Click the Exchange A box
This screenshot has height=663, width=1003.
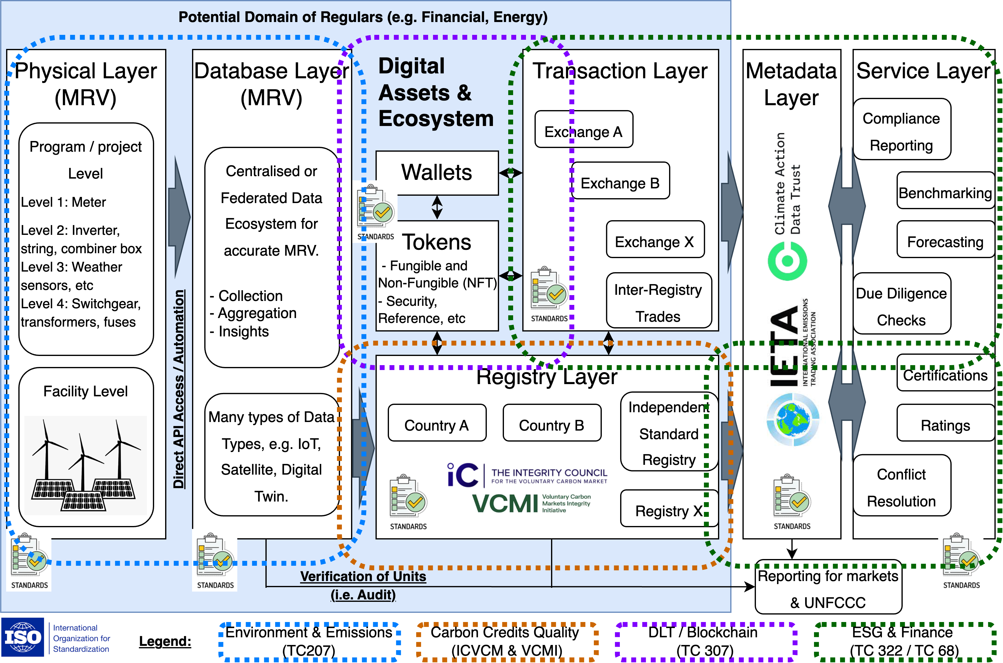pos(584,129)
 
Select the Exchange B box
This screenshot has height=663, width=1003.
pos(620,181)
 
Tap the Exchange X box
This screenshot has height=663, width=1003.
pos(655,239)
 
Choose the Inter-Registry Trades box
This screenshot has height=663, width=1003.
pos(658,301)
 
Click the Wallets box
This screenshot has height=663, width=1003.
pos(437,173)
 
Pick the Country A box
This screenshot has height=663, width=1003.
pos(437,423)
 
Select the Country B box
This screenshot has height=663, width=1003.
pos(552,423)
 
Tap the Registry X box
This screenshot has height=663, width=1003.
pos(669,509)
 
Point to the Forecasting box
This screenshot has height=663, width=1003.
pos(945,240)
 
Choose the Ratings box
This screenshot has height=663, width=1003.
pos(945,423)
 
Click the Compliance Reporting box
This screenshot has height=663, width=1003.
pos(901,130)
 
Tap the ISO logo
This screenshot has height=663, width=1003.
pos(58,637)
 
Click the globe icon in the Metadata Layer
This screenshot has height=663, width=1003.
pos(793,420)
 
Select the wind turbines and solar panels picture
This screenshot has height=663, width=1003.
pos(85,465)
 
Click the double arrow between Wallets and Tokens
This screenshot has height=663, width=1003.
pos(437,207)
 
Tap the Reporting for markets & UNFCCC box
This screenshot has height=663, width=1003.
pos(828,588)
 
